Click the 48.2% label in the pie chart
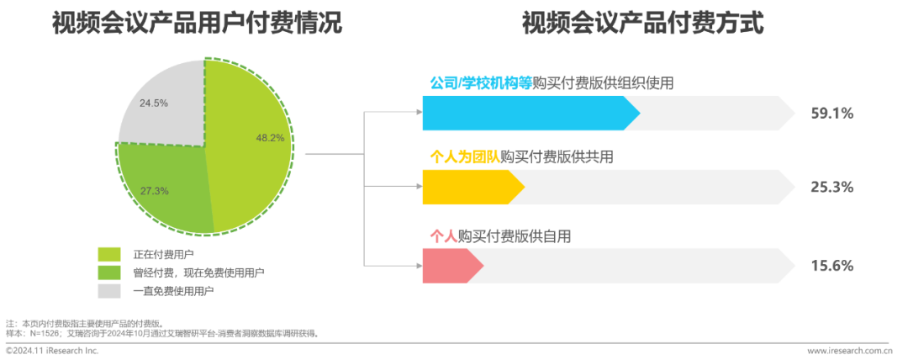pyautogui.click(x=270, y=137)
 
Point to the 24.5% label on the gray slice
pyautogui.click(x=154, y=103)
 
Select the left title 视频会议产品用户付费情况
pyautogui.click(x=198, y=24)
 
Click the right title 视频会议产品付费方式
pyautogui.click(x=643, y=24)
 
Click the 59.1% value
pyautogui.click(x=831, y=112)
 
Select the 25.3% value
pyautogui.click(x=831, y=186)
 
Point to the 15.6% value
pyautogui.click(x=831, y=265)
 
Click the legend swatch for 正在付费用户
pyautogui.click(x=109, y=254)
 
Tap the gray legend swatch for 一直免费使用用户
pyautogui.click(x=109, y=291)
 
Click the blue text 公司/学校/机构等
pyautogui.click(x=480, y=83)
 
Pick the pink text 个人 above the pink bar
pyautogui.click(x=443, y=236)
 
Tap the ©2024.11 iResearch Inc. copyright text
pyautogui.click(x=52, y=350)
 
